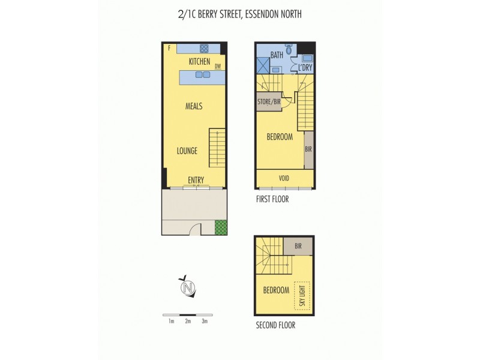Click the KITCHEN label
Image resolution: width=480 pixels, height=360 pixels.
click(199, 61)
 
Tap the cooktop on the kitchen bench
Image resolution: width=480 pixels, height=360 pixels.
click(204, 48)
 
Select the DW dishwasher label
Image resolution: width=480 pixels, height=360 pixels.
click(218, 67)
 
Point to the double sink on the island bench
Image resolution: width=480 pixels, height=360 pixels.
click(203, 75)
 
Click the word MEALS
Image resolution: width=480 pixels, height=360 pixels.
click(193, 106)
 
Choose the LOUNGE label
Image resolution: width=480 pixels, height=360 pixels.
click(187, 151)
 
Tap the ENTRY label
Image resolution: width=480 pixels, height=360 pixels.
click(196, 180)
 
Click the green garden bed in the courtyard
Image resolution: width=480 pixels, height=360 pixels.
click(221, 227)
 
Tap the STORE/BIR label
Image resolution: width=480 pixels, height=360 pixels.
click(269, 102)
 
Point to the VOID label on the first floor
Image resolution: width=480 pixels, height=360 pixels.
click(284, 178)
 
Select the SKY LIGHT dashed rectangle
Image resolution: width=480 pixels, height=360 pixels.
click(302, 295)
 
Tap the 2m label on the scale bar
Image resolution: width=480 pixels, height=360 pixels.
click(188, 322)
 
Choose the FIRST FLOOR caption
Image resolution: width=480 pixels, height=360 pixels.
click(272, 199)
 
